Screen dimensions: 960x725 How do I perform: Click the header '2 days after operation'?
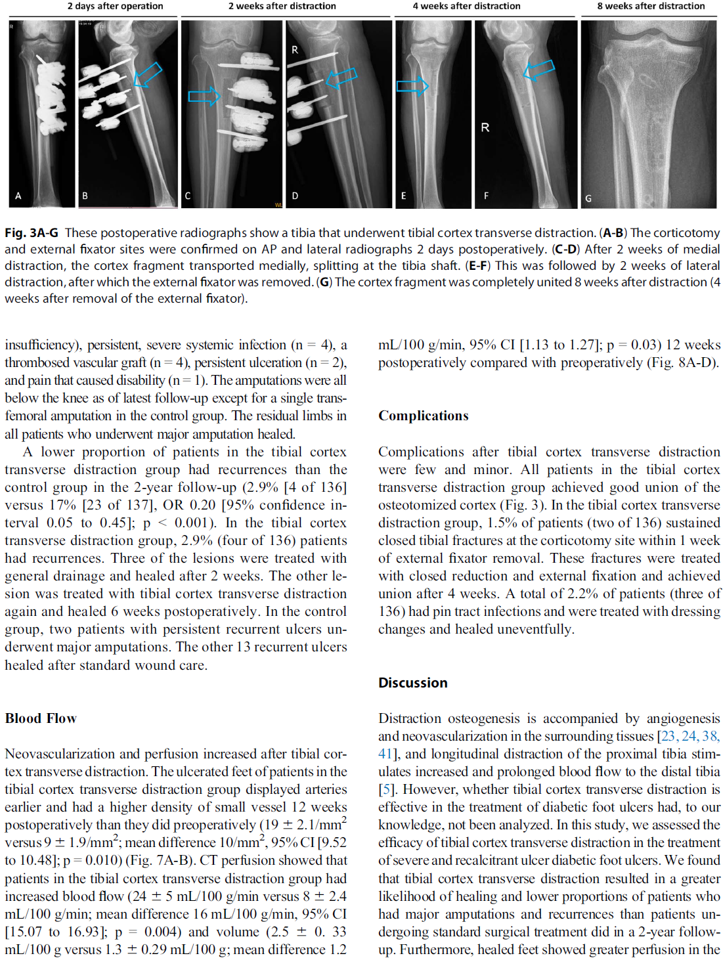(115, 6)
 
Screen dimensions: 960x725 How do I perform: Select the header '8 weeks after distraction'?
(651, 6)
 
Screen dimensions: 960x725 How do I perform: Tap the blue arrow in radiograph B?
(148, 74)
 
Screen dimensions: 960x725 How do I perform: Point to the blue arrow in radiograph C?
(204, 97)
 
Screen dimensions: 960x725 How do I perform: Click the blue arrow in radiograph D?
(341, 78)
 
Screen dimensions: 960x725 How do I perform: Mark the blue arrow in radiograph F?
(539, 69)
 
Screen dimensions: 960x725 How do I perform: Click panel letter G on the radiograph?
(588, 198)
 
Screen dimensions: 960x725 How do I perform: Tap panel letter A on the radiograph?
(18, 196)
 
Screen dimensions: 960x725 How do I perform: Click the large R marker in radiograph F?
(485, 127)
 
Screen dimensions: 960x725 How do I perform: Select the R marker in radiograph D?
(295, 50)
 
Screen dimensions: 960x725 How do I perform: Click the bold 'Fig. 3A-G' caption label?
(32, 233)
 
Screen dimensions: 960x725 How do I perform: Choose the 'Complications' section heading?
(424, 416)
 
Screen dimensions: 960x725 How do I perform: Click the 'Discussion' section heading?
(412, 683)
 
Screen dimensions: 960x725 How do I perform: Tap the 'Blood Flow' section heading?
(41, 718)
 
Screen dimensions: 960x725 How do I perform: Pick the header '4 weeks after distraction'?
(466, 6)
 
